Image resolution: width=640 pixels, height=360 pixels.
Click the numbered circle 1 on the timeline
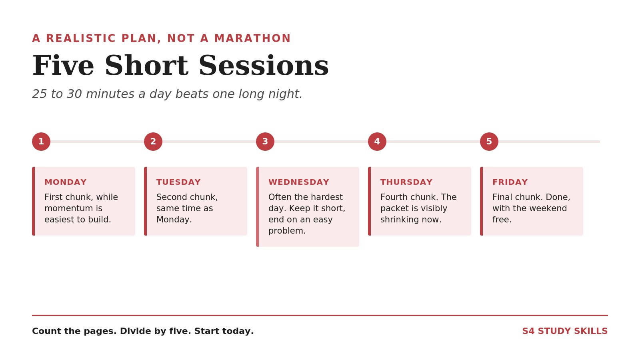click(41, 142)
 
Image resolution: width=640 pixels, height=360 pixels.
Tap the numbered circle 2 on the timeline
click(153, 142)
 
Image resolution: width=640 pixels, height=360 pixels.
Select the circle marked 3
click(265, 142)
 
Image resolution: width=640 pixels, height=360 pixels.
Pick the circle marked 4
click(377, 142)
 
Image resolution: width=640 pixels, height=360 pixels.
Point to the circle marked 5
click(489, 142)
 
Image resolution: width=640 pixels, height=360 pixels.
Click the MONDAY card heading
click(66, 182)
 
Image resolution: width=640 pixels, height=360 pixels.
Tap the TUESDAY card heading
click(178, 182)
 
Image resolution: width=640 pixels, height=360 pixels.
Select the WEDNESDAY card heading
click(299, 182)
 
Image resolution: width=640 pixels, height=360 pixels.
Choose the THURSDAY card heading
click(406, 182)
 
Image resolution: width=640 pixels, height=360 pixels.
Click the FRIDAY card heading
click(510, 182)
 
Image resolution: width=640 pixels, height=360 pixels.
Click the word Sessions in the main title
click(264, 66)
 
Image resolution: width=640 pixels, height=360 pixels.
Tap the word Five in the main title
click(63, 66)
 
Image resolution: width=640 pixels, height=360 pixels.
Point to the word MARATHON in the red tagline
click(252, 38)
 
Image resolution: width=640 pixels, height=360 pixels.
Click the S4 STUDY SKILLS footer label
click(565, 331)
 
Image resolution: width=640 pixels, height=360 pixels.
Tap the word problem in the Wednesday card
click(287, 231)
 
